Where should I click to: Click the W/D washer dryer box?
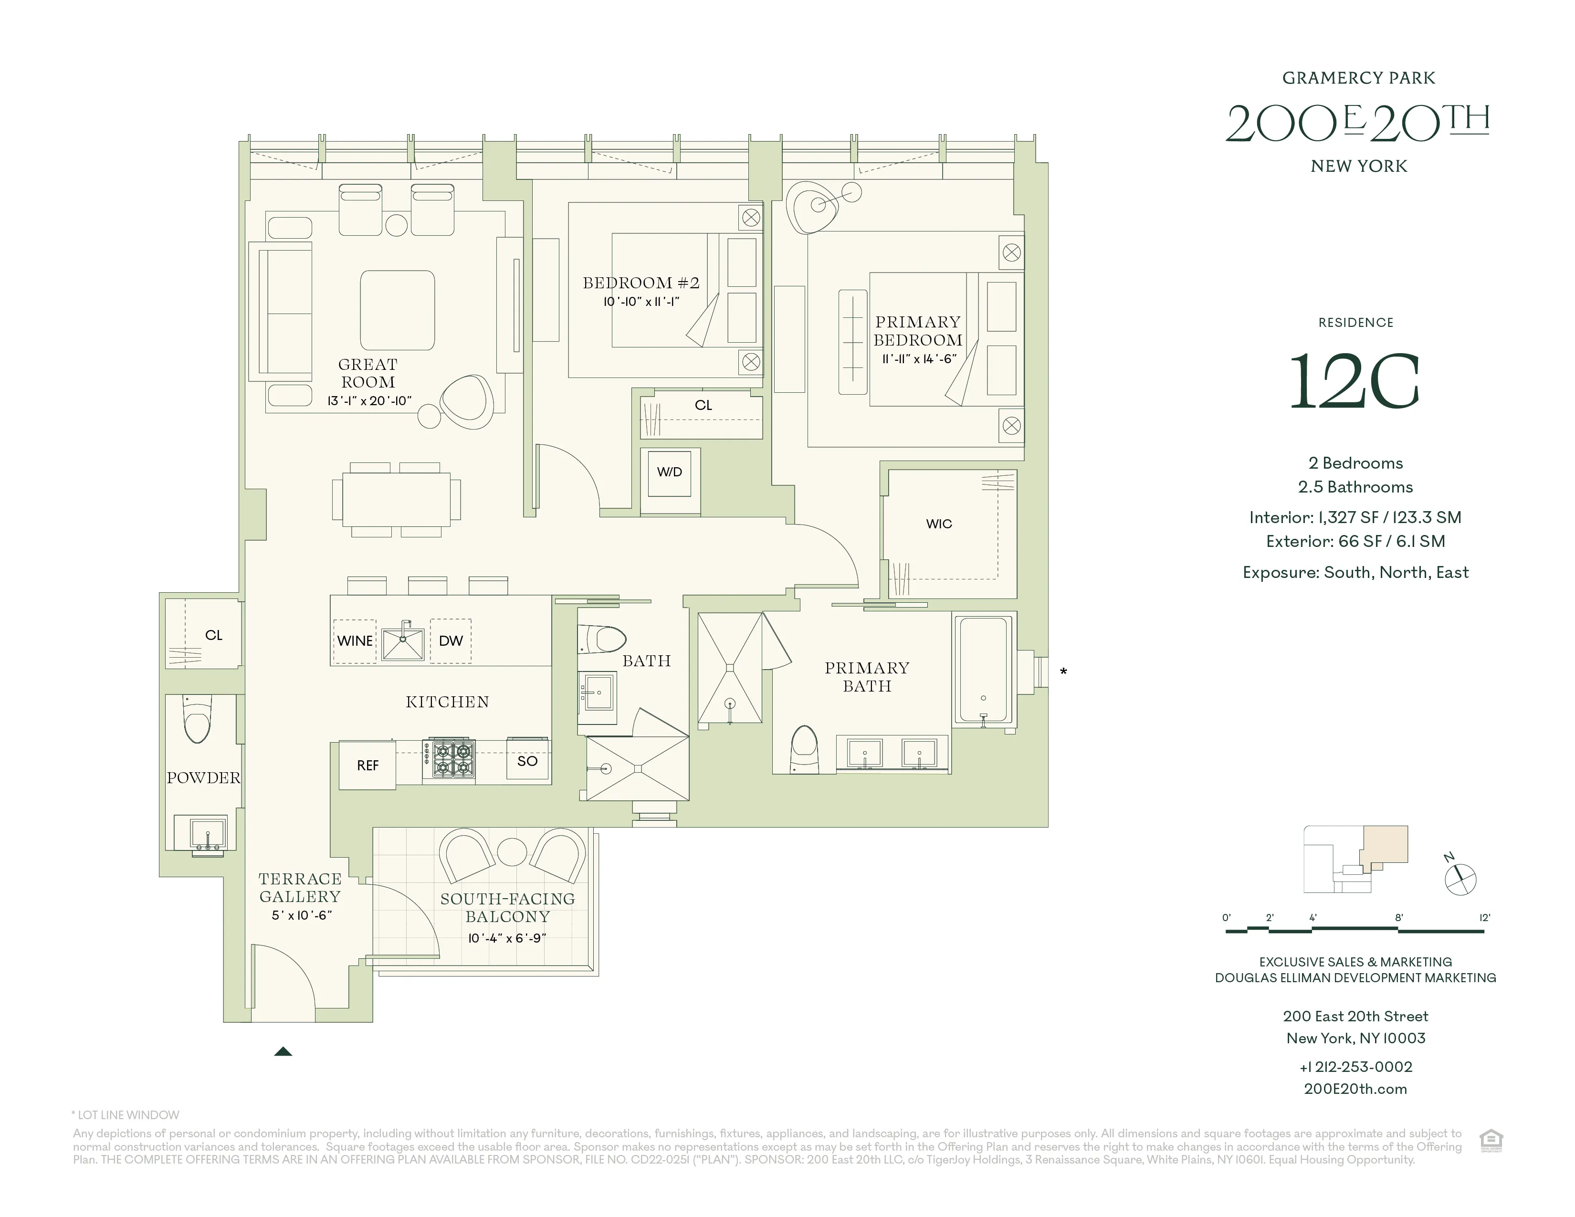tap(669, 472)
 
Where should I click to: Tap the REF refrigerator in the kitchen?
tap(367, 765)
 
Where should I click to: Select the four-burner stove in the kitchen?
tap(453, 760)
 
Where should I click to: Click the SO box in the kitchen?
tap(528, 761)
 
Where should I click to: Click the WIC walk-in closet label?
tap(939, 524)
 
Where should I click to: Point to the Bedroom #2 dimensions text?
tap(641, 302)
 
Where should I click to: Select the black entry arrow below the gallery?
tap(283, 1051)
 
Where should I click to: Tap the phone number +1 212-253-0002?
tap(1355, 1067)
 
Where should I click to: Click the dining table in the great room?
tap(396, 499)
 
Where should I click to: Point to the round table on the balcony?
tap(512, 851)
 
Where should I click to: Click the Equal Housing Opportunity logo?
tap(1491, 1141)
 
